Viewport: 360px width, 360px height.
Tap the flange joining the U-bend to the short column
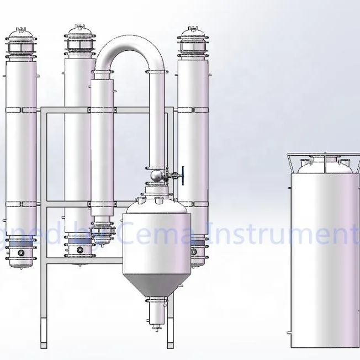(103, 73)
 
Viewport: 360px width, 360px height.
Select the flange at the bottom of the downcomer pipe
(157, 165)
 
